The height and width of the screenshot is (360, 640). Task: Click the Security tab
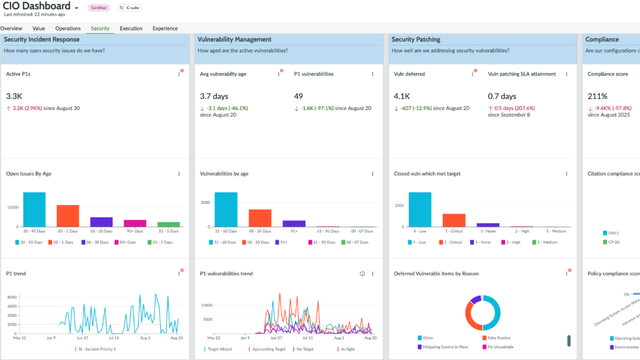click(100, 29)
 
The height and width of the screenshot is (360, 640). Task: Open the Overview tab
click(11, 29)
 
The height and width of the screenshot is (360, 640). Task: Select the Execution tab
click(131, 29)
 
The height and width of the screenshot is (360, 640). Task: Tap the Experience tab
click(165, 29)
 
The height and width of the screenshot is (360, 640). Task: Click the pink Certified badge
click(98, 8)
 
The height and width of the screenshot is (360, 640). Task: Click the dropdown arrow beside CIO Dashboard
click(77, 8)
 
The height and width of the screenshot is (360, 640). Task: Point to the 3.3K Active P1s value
click(14, 97)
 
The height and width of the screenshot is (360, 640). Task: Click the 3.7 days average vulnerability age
click(214, 97)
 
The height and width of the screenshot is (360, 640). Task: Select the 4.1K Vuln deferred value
click(402, 97)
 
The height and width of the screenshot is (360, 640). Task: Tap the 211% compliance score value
click(596, 97)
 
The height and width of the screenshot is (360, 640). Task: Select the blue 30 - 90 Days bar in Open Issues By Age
click(34, 210)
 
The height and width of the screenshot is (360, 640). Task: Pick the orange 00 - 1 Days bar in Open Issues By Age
click(67, 216)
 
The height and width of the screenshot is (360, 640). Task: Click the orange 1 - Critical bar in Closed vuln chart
click(454, 220)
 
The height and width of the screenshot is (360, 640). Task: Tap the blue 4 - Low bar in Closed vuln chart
click(420, 210)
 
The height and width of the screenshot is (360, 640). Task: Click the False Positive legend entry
click(498, 338)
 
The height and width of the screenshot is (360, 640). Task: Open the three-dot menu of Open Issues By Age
click(179, 174)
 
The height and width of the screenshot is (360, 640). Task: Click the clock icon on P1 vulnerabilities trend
click(362, 274)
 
